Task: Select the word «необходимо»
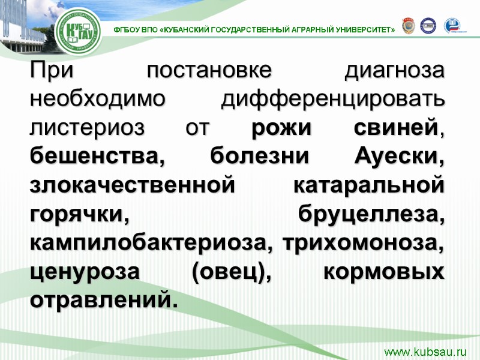point(97,98)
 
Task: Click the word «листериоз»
point(91,127)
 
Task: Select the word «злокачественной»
point(131,184)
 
